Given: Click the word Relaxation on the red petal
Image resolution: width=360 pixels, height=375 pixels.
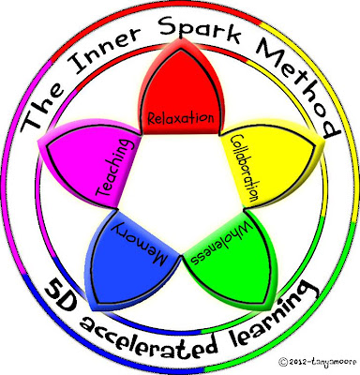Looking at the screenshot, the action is tap(181, 118).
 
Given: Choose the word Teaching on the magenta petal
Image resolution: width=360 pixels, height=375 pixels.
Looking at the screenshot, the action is tap(113, 168).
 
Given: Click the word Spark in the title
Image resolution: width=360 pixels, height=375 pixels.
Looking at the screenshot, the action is tap(201, 27).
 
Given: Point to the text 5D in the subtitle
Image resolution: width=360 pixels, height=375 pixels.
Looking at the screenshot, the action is tap(60, 297).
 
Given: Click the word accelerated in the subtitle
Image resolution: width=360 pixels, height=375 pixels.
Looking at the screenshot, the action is tap(148, 338).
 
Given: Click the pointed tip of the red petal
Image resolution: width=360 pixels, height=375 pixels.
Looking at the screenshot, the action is tap(179, 38).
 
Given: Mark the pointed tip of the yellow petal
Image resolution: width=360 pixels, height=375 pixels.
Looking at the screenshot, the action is tap(324, 140).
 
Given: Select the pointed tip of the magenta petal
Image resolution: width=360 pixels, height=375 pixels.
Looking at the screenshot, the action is tap(38, 142).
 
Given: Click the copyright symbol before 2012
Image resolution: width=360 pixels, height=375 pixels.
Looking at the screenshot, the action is tap(283, 362).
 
